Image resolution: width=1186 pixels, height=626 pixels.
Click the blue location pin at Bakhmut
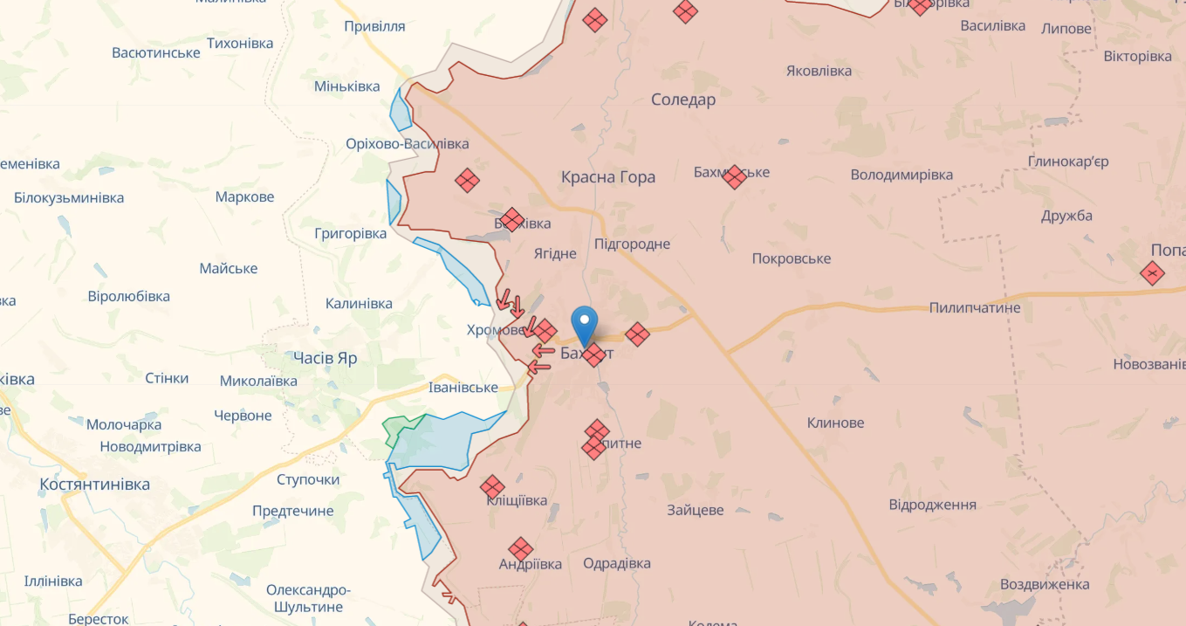[584, 323]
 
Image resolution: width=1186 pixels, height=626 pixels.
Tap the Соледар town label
[683, 100]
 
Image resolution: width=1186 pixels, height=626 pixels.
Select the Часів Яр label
[325, 358]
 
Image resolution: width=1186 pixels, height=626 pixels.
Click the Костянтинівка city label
[95, 484]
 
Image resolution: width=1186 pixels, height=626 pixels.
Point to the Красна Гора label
[608, 177]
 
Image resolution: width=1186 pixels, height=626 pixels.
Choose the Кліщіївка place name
[518, 500]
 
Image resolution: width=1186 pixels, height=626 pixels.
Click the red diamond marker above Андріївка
[521, 549]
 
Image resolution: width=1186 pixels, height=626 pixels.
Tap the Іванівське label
[463, 388]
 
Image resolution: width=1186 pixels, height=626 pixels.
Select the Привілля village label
[374, 26]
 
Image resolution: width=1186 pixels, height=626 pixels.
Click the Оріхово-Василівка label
[407, 143]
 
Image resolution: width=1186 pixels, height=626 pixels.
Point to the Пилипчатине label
[975, 307]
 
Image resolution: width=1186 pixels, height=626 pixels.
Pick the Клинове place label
[835, 423]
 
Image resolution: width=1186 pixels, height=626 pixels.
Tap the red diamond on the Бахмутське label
[734, 176]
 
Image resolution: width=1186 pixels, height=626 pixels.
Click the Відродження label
[932, 505]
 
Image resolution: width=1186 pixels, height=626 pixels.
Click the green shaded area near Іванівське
[402, 430]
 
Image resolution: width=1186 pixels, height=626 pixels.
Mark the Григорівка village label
[350, 234]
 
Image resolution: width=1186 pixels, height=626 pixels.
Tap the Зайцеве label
[695, 510]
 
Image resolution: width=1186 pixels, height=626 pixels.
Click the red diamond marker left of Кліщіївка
[492, 487]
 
